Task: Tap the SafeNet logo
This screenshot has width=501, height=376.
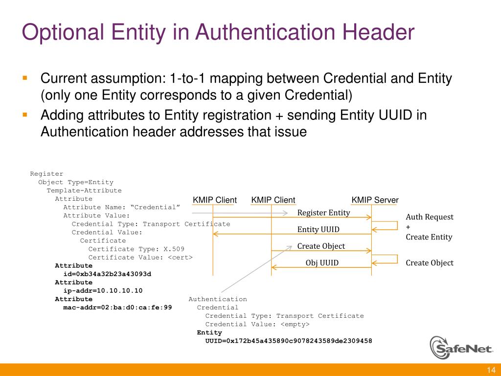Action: click(462, 348)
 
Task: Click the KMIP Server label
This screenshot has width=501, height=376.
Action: click(375, 200)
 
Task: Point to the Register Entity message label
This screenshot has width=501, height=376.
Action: click(323, 212)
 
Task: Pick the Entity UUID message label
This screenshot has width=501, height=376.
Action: click(318, 229)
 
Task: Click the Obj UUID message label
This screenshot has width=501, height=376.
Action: click(322, 263)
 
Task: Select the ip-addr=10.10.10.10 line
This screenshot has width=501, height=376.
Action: click(103, 290)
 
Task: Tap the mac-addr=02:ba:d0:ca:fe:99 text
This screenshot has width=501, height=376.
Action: click(117, 307)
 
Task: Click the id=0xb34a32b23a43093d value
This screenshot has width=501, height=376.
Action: click(107, 274)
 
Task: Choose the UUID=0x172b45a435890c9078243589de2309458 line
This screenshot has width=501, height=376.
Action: click(289, 341)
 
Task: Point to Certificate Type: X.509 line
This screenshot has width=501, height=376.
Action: click(137, 249)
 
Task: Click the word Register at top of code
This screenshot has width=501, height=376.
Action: click(46, 173)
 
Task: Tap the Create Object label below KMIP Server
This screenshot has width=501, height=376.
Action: click(430, 263)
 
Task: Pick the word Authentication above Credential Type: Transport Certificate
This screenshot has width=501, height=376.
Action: click(218, 299)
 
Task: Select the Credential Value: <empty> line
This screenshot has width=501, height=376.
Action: click(257, 324)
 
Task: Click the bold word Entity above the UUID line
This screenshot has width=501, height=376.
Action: click(209, 332)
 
